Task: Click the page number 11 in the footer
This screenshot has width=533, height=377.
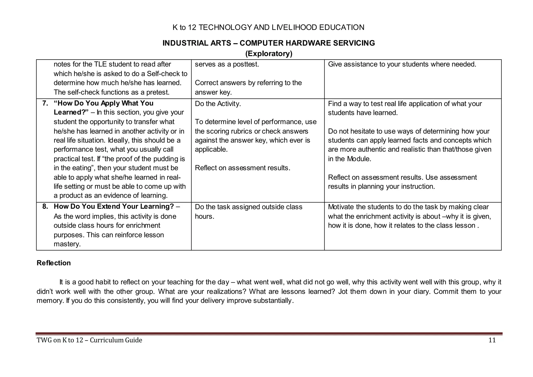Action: [x=492, y=340]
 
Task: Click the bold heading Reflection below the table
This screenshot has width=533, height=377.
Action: [x=54, y=263]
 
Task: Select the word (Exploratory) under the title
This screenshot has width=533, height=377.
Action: [x=269, y=54]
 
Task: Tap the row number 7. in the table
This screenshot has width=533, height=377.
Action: [x=45, y=103]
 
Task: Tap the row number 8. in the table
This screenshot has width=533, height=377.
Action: [x=45, y=207]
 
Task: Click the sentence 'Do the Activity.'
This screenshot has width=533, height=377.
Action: [x=218, y=104]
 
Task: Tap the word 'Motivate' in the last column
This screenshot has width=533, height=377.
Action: [x=341, y=207]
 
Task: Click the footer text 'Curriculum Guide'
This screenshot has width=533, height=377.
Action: [x=116, y=340]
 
